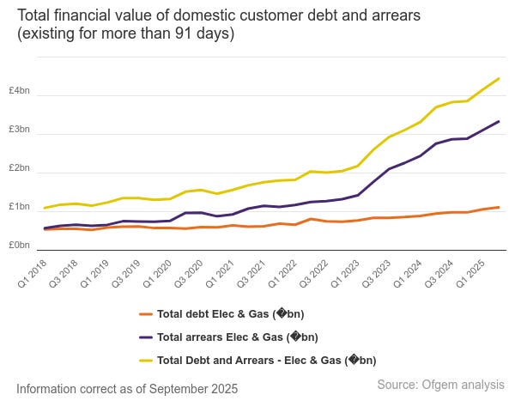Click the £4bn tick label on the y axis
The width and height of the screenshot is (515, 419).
[x=19, y=92]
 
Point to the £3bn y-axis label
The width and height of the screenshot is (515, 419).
[x=19, y=131]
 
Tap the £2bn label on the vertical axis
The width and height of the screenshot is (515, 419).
[x=19, y=169]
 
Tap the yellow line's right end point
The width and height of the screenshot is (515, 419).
[x=500, y=78]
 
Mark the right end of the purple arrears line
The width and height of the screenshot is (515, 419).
[x=500, y=121]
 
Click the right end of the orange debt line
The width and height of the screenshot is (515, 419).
[x=500, y=207]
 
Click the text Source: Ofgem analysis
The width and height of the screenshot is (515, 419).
[x=440, y=386]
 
